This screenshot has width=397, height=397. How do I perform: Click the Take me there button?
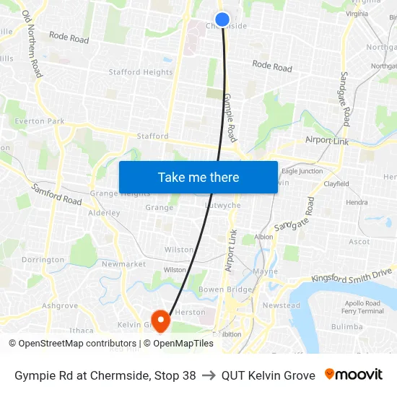(x=198, y=177)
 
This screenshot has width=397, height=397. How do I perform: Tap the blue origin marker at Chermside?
(x=222, y=19)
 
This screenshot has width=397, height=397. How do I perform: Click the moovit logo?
(x=354, y=375)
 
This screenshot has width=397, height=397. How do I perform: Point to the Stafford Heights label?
(x=141, y=72)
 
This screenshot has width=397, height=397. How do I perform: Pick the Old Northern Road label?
(x=32, y=43)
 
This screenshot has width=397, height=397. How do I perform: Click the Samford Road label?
(x=56, y=194)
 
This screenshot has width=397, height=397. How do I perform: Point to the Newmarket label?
(x=123, y=264)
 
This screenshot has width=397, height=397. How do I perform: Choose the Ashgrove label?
(x=59, y=306)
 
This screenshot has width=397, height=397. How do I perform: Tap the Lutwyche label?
(x=222, y=205)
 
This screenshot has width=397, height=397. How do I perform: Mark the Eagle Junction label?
(x=302, y=171)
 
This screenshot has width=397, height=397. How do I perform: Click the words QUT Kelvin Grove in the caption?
(x=269, y=375)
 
